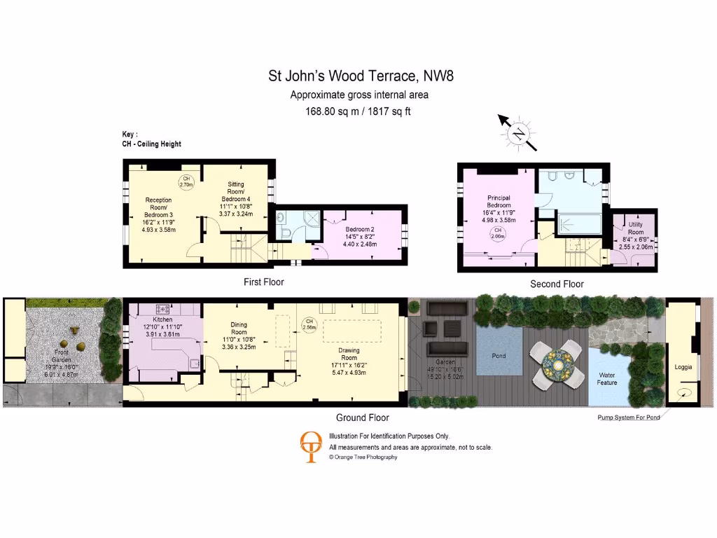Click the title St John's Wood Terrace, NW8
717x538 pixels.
click(361, 76)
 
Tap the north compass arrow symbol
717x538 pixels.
click(518, 132)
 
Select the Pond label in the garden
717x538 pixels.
click(499, 356)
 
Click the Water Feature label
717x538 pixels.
click(607, 379)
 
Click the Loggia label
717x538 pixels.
click(683, 366)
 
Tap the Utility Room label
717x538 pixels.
click(635, 227)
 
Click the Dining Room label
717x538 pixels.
click(239, 329)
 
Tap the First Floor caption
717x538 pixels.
click(263, 282)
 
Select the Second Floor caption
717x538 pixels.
click(557, 284)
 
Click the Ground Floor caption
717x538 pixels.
click(362, 418)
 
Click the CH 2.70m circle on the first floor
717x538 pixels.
click(186, 182)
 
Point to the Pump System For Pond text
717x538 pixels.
click(627, 418)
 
